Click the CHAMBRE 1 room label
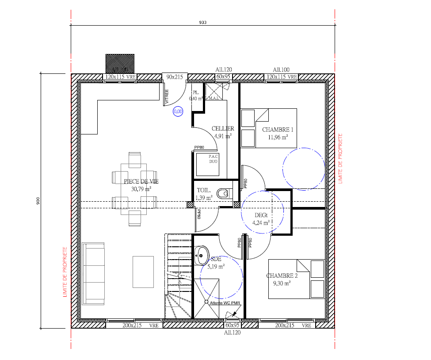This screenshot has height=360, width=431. point(278,130)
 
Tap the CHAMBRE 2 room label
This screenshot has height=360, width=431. point(282,276)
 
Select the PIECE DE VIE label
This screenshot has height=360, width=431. point(141,181)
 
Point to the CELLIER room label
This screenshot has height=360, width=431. point(223,129)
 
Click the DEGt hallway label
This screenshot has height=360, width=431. point(261,215)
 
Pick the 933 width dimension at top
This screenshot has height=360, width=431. point(203,22)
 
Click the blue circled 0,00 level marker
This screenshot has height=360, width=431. point(178,112)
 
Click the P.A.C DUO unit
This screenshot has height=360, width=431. point(214,159)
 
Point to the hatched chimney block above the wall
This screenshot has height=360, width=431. point(120,64)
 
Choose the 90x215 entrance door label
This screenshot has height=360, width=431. point(175,77)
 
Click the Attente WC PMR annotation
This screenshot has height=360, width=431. point(225,303)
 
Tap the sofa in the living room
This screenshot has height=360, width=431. point(93,273)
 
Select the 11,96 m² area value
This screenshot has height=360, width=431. point(278,137)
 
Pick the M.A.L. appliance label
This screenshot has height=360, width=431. point(214,98)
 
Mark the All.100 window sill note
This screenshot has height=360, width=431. point(281,70)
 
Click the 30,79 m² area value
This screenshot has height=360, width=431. point(141,189)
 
